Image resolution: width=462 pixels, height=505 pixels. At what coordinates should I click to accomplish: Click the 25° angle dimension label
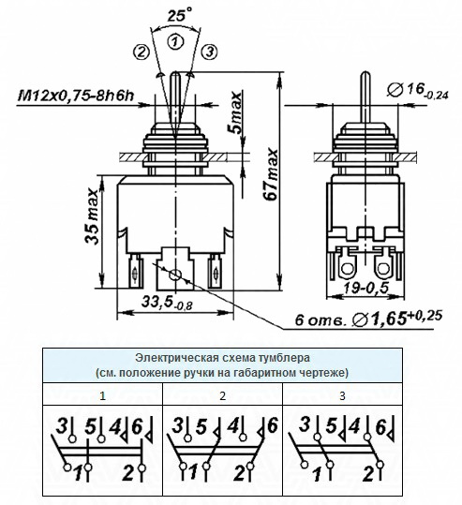[x=179, y=15]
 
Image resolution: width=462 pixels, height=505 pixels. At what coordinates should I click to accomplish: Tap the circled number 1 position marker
[x=175, y=42]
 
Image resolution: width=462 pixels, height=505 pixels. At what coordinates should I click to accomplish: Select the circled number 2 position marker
[x=142, y=52]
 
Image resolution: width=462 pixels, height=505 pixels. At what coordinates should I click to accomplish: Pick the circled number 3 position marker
[x=210, y=52]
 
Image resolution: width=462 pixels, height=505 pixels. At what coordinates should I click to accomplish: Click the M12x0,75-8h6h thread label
[x=75, y=96]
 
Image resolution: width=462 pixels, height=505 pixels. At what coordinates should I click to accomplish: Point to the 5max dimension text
[x=236, y=112]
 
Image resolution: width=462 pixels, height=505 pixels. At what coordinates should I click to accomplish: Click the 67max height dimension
[x=271, y=174]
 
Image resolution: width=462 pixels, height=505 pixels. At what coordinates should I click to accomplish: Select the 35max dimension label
[x=92, y=216]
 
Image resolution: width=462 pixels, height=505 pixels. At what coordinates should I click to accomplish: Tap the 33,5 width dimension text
[x=167, y=303]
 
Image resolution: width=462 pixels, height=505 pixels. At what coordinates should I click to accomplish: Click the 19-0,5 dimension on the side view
[x=366, y=288]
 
